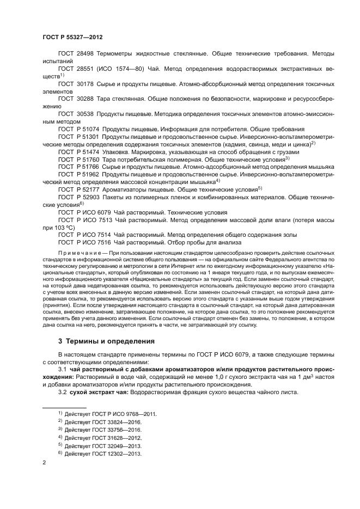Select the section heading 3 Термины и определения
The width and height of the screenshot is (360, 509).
[x=103, y=341]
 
